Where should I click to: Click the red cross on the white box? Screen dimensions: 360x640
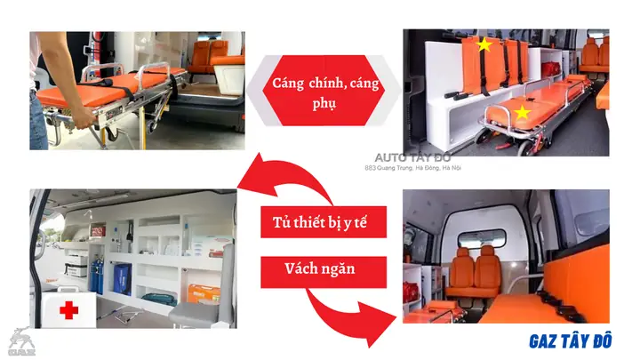pos(68,310)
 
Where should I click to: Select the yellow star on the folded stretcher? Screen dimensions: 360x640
pos(484,44)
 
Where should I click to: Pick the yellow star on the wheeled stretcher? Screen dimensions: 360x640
pos(523,113)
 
